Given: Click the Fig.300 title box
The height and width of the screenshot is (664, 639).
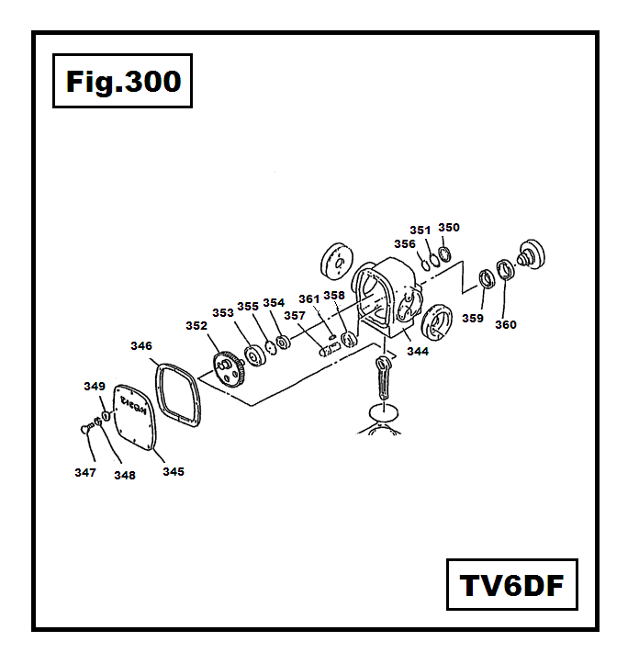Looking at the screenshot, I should (x=122, y=82).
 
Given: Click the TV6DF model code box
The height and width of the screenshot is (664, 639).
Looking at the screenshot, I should (x=511, y=584).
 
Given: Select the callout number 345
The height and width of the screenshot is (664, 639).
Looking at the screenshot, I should (x=174, y=471).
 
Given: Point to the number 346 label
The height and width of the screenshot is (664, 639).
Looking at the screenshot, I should (x=140, y=346).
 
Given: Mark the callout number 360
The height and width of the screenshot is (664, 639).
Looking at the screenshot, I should (x=506, y=324).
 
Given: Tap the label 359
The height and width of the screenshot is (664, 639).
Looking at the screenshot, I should (x=472, y=318).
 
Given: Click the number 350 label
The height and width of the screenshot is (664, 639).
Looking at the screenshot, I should (x=448, y=227).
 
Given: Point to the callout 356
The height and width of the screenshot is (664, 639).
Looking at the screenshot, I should (x=405, y=243).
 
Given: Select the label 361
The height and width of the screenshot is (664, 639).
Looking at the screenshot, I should (x=308, y=298).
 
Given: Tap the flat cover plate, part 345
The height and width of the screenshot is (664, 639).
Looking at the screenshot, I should (x=136, y=418).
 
